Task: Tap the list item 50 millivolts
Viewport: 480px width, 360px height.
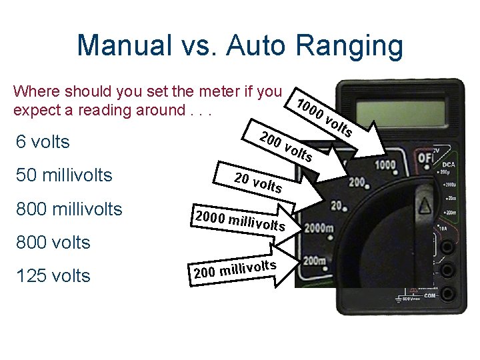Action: [63, 175]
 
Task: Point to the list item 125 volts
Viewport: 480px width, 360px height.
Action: [51, 275]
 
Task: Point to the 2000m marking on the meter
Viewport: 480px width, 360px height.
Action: [319, 229]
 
